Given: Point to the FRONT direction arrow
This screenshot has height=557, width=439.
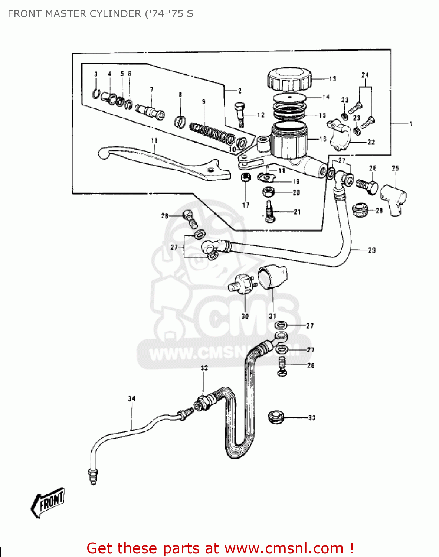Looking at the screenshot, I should click(47, 502).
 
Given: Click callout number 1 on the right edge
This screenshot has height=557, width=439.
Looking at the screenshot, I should click(411, 124).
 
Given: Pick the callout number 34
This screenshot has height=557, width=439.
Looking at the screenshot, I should click(132, 399).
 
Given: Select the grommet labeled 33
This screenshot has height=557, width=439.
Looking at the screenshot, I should click(276, 417).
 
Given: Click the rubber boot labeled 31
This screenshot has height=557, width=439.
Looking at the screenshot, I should click(273, 277).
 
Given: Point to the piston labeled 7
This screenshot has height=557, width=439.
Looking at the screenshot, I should click(150, 111).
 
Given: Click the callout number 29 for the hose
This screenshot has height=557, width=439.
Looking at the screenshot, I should click(371, 251).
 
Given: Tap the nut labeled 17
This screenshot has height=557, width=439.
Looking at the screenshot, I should click(245, 177).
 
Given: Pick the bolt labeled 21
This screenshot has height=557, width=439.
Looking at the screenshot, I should click(269, 213).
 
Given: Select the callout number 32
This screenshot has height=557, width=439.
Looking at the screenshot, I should click(204, 368).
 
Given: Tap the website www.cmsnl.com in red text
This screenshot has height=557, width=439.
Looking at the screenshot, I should click(284, 548).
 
